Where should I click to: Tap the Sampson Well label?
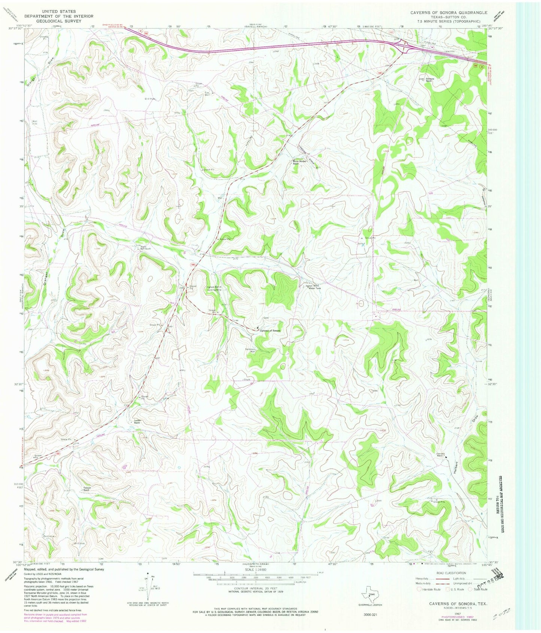click(250, 350)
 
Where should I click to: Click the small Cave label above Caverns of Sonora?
click(266, 318)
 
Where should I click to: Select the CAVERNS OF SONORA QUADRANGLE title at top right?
click(449, 13)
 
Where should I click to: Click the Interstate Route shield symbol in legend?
click(419, 589)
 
